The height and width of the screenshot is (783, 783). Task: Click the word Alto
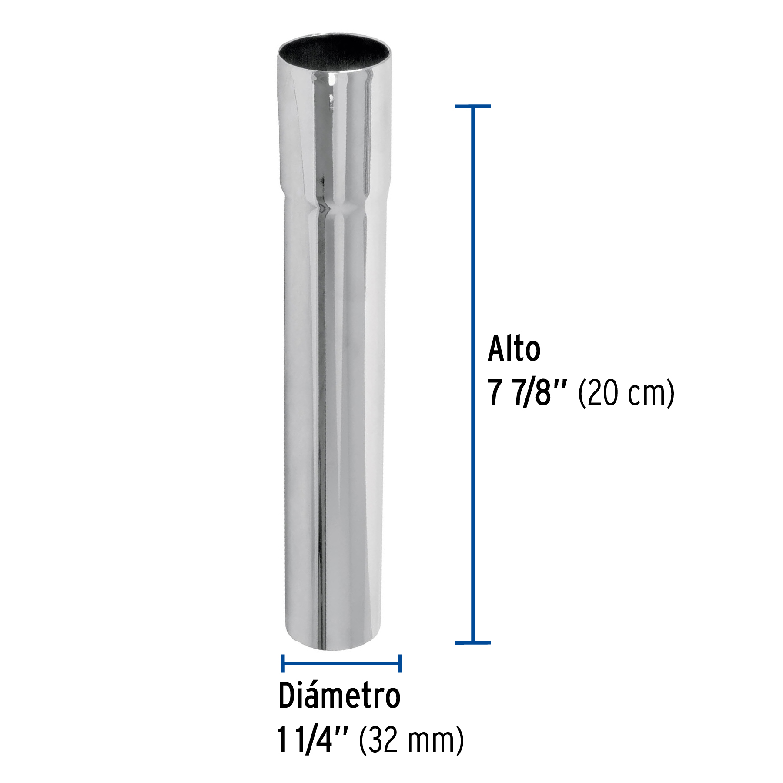[514, 349]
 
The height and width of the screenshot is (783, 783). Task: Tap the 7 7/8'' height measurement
[527, 393]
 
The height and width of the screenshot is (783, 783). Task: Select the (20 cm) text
[626, 393]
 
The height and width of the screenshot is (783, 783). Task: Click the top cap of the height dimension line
[473, 106]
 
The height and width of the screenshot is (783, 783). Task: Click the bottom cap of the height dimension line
[473, 642]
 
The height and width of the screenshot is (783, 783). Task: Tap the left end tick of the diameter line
[283, 663]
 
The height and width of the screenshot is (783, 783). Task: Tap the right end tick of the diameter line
[400, 663]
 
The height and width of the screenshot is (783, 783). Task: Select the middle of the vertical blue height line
[473, 374]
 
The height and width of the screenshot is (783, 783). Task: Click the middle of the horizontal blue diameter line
[341, 663]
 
